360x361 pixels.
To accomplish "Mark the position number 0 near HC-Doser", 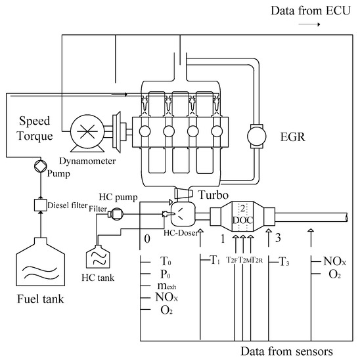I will coord(147,236).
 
